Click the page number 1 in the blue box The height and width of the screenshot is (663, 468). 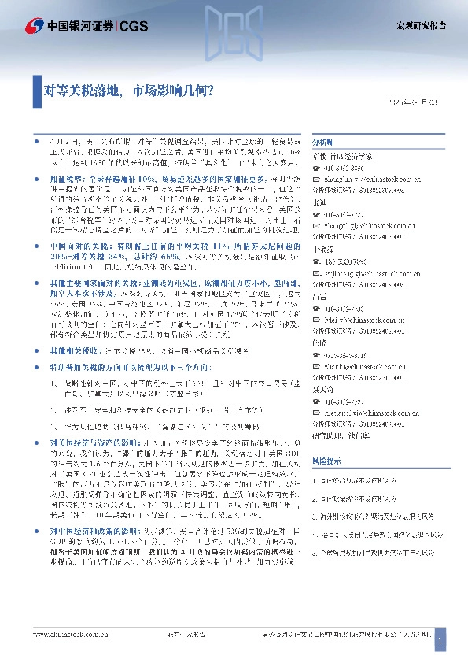tap(441, 643)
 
